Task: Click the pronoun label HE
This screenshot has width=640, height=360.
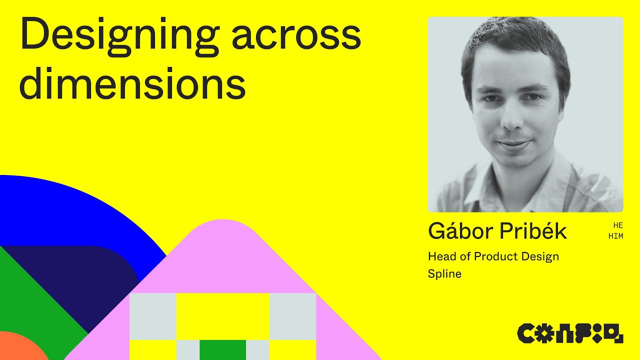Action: (x=617, y=225)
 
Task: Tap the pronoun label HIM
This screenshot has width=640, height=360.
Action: (x=615, y=236)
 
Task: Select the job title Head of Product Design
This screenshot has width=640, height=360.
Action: (x=493, y=256)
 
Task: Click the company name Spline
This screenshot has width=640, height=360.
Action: (x=444, y=273)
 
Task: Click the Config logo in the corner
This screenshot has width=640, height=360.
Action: (x=570, y=333)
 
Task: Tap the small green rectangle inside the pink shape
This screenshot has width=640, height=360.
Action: (x=222, y=349)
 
